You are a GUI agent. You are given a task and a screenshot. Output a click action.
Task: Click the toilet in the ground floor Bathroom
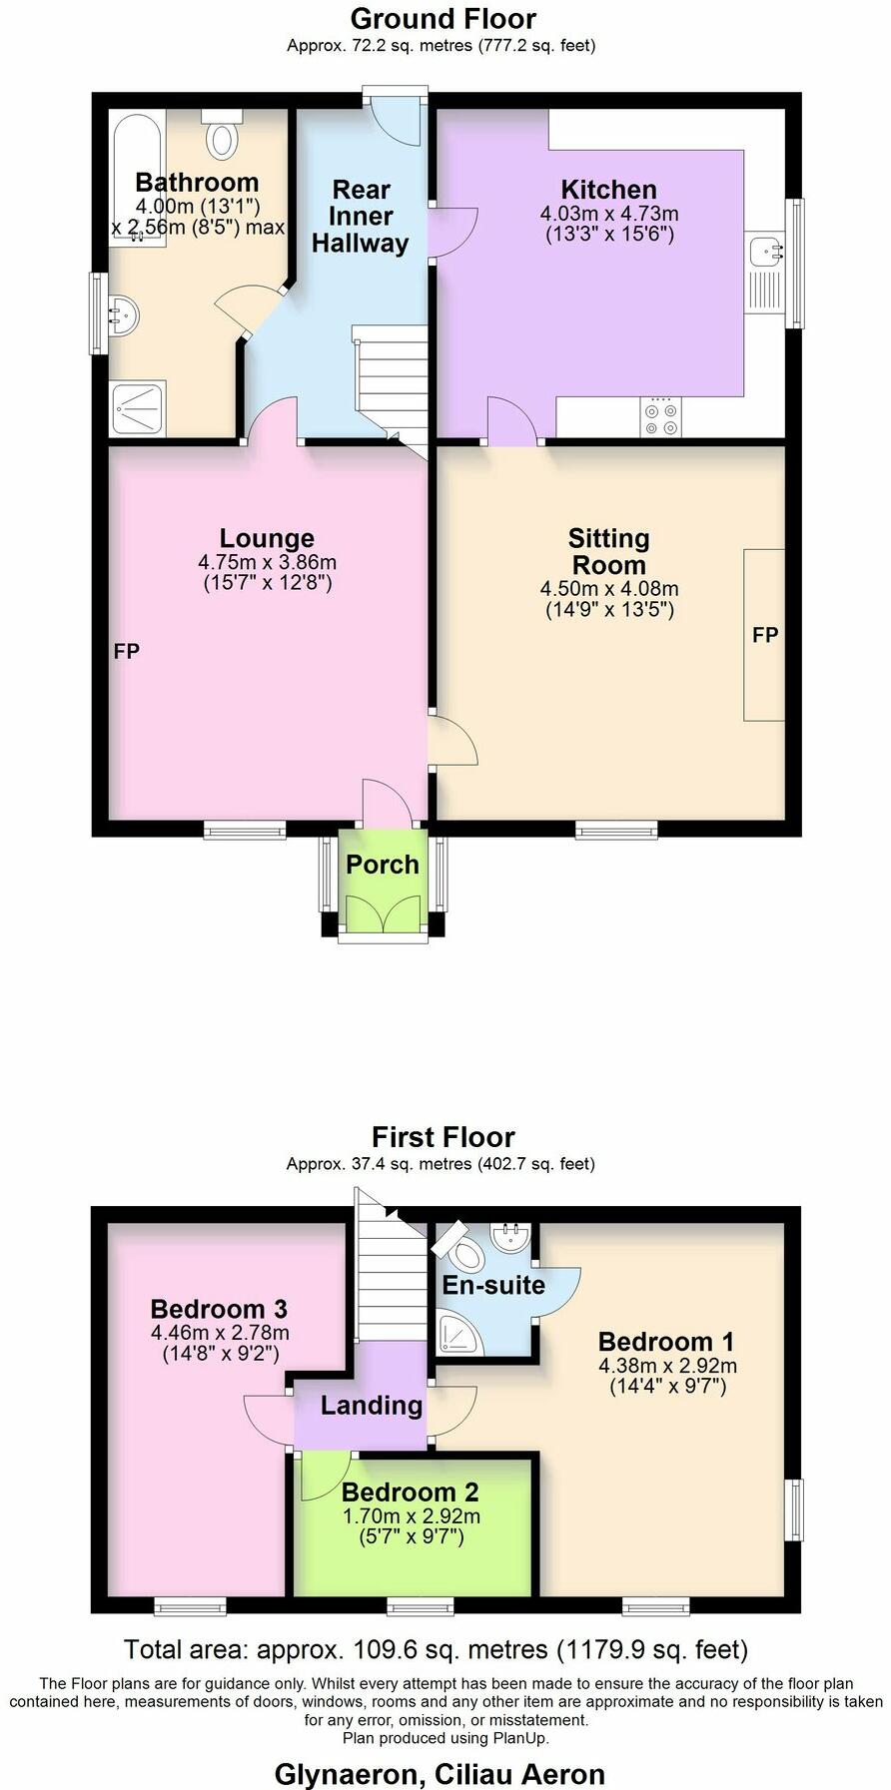tap(222, 136)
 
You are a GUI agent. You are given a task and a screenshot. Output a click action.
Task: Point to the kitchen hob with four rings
tap(661, 418)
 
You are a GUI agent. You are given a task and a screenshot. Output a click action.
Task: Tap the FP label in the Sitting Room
tap(765, 635)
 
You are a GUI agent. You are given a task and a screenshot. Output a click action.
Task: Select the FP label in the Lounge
tap(127, 652)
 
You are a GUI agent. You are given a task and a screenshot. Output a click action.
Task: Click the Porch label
tap(383, 865)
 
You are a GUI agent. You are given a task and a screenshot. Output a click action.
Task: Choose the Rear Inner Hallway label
tap(361, 217)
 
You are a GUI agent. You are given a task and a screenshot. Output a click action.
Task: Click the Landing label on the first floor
tap(371, 1406)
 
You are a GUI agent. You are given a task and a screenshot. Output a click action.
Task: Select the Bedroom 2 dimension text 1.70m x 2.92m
tap(412, 1516)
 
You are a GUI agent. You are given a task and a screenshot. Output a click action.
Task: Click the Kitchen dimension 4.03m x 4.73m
tap(609, 214)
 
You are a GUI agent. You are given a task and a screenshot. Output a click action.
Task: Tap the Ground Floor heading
tap(444, 19)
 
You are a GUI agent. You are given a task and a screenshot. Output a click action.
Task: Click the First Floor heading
tap(444, 1137)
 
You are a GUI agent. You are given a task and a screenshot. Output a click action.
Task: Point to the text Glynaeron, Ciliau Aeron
tap(441, 1774)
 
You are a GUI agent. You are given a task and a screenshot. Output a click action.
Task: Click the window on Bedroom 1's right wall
tap(796, 1508)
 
